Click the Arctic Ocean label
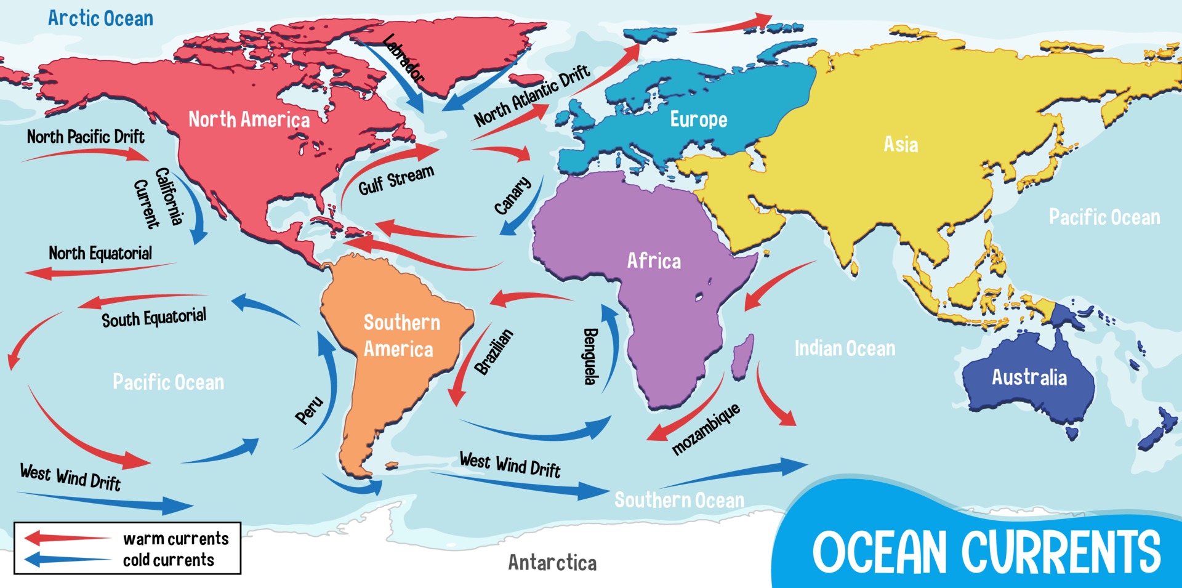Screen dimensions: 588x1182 pos(100,18)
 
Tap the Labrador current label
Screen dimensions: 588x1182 pos(404,58)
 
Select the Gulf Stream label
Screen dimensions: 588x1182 pos(396,180)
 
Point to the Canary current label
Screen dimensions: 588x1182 pos(512,196)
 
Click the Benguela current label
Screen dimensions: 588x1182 pos(590,356)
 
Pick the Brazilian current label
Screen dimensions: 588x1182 pos(494,352)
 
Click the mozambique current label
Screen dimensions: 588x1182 pos(706,429)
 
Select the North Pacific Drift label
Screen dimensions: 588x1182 pos(86,137)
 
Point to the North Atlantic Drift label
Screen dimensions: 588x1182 pos(531,95)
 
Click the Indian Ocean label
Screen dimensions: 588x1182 pos(845,348)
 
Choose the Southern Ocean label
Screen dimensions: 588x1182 pos(679,500)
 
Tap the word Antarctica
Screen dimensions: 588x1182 pos(552,563)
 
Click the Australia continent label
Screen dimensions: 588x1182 pos(1029,377)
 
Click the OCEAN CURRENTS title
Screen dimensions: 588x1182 pos(986,552)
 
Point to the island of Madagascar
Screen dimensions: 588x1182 pos(742,356)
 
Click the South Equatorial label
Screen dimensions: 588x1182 pos(154,318)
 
